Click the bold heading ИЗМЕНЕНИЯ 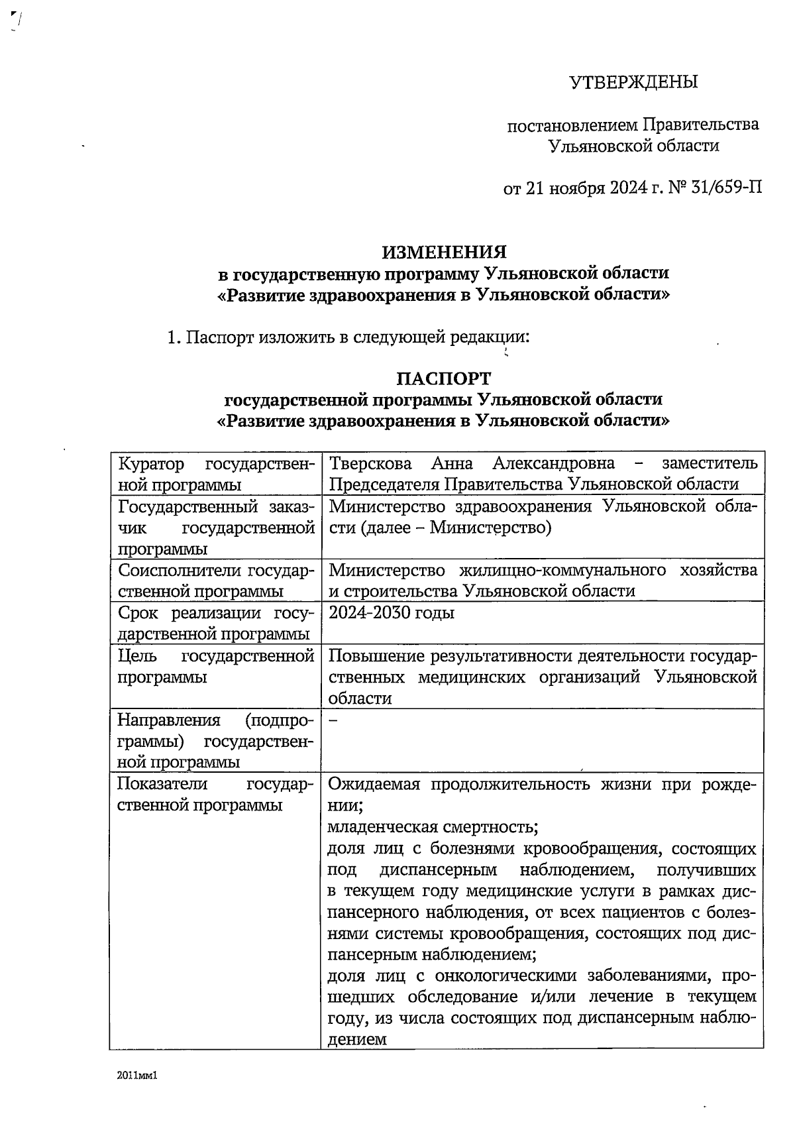point(444,252)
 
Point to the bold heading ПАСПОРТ point(444,378)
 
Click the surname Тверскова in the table point(370,463)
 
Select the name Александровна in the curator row point(553,463)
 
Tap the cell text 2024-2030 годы point(392,612)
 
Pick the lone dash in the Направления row point(333,720)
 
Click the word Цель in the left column point(136,656)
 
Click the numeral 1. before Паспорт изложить point(174,337)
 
